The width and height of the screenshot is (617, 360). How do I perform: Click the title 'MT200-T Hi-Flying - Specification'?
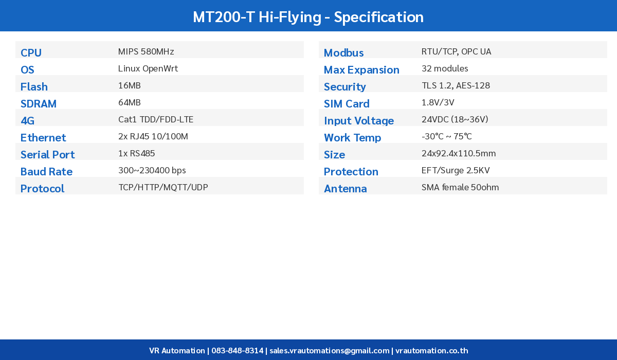[308, 17]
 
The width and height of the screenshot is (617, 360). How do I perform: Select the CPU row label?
[31, 53]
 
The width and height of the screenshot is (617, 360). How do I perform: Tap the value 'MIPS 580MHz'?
[146, 51]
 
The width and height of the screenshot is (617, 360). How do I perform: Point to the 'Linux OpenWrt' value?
[148, 68]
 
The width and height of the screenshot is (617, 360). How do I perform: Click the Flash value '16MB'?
[130, 85]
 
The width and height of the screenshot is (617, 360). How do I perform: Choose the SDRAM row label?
[39, 104]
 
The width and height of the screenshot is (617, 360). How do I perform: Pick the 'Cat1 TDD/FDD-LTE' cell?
[156, 119]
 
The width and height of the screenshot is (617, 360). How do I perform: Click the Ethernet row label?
[43, 138]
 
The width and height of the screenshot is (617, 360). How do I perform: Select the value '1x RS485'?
[137, 153]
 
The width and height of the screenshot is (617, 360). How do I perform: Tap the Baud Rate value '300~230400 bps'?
[152, 170]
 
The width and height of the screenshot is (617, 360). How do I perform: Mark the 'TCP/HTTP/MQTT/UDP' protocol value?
[163, 187]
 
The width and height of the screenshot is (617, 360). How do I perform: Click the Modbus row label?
[343, 53]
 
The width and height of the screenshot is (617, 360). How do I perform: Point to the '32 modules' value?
[445, 68]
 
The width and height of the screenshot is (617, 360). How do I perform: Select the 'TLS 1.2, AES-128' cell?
[456, 85]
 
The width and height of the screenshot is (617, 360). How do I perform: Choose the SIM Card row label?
[347, 104]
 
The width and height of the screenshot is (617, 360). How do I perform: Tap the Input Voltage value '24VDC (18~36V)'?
[455, 119]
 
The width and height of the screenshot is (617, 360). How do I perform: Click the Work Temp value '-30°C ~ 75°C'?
[446, 136]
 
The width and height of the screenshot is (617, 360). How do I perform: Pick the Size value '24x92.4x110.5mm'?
[459, 153]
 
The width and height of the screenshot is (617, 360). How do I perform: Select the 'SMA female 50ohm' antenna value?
[460, 187]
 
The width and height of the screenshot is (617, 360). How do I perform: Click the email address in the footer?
[330, 351]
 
